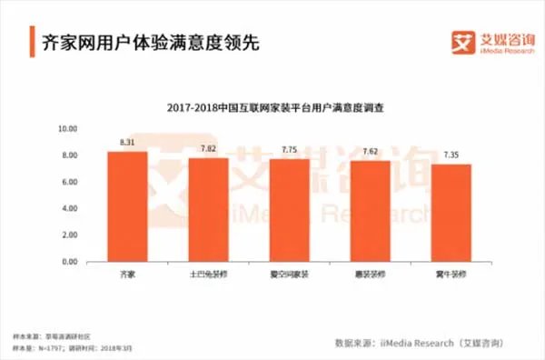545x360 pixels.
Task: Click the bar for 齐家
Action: tap(127, 206)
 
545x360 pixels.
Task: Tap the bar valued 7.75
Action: tap(289, 210)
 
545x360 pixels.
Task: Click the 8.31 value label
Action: tap(127, 143)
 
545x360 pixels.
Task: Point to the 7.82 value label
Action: tap(208, 149)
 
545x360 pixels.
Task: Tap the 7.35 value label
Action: tap(451, 155)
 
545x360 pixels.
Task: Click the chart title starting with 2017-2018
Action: tap(275, 107)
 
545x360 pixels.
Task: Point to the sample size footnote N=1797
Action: tap(54, 346)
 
